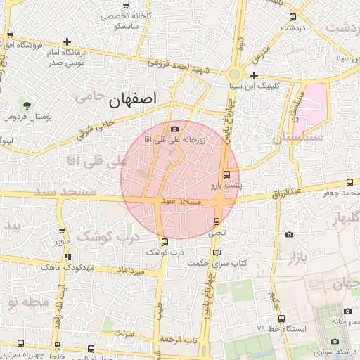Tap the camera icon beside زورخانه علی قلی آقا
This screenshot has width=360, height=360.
pyautogui.click(x=174, y=129)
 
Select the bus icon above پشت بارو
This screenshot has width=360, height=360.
pyautogui.click(x=226, y=174)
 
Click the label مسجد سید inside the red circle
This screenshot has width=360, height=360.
pyautogui.click(x=181, y=202)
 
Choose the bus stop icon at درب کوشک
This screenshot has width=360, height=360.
pyautogui.click(x=165, y=243)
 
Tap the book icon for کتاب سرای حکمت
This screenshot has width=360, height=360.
pyautogui.click(x=217, y=252)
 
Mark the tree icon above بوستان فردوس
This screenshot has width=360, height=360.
pyautogui.click(x=27, y=105)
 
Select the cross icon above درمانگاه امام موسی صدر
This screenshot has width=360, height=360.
pyautogui.click(x=67, y=42)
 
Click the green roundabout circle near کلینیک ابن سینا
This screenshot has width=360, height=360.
pyautogui.click(x=234, y=73)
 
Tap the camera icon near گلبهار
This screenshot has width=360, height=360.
pyautogui.click(x=289, y=234)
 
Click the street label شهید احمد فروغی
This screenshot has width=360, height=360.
pyautogui.click(x=179, y=67)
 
